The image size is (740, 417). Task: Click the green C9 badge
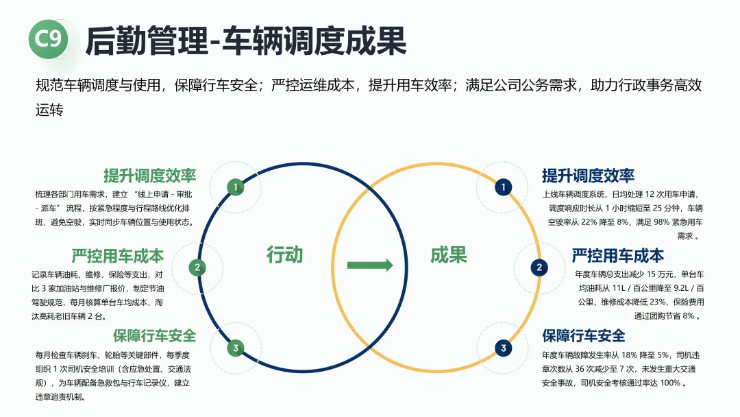48,39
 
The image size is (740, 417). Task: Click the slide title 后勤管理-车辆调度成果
245,41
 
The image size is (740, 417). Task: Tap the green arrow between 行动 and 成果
370,265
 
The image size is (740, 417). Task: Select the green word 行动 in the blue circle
284,255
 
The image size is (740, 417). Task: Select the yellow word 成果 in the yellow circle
449,255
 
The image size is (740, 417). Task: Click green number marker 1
235,187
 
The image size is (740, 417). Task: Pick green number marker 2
197,268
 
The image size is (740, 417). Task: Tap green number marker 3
235,348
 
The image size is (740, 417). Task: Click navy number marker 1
504,187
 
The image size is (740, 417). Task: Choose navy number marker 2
540,268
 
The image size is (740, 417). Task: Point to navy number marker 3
504,348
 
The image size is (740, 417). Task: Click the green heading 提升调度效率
149,175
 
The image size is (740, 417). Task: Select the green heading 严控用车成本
118,256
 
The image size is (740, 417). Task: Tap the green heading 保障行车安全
155,335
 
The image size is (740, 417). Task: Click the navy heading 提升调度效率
588,175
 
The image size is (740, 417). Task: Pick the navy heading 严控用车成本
618,256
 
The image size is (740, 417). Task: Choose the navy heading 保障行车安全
584,335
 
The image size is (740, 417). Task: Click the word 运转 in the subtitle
49,109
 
